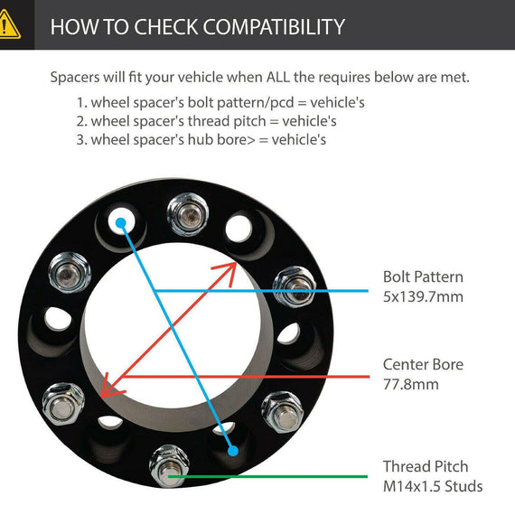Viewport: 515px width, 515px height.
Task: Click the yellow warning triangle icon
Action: point(7,24)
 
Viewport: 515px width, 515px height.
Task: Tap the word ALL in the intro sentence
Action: point(278,77)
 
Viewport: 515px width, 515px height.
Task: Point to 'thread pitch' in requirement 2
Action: point(227,121)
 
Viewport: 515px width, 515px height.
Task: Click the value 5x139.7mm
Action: point(423,296)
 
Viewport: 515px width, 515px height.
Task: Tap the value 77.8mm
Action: point(410,384)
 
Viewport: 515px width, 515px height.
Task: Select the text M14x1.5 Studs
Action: point(433,486)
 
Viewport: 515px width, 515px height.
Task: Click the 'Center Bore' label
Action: point(423,364)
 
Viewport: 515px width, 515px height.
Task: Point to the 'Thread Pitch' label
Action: point(426,466)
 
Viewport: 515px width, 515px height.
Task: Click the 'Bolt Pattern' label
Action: point(423,276)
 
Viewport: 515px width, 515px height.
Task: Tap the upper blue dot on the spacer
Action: point(121,222)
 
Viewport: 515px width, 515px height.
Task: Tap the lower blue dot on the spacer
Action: point(232,451)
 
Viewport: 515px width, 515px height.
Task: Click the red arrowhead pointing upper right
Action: point(227,273)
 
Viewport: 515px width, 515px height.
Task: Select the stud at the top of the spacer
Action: point(188,214)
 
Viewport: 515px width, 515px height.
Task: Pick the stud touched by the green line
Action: point(169,466)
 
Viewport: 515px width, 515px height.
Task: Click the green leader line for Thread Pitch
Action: point(267,476)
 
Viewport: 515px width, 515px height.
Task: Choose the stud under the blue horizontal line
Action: point(295,286)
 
